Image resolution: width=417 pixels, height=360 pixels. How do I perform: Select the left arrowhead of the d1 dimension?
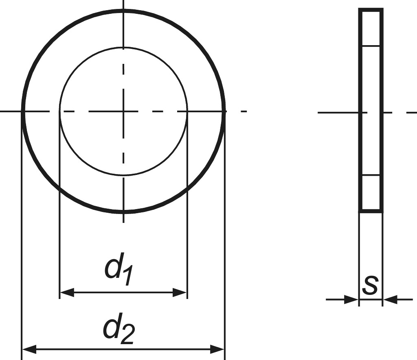click(x=67, y=292)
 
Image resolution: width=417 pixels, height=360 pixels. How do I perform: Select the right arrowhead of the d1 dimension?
click(x=180, y=292)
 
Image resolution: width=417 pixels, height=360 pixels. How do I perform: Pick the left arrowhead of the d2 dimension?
click(x=29, y=349)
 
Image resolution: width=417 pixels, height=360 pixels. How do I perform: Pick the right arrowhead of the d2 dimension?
click(x=217, y=349)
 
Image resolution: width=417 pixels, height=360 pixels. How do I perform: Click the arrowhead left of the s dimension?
click(x=351, y=300)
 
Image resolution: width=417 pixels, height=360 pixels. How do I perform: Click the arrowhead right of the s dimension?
click(x=391, y=300)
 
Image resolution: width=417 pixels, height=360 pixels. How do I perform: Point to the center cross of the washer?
click(x=123, y=111)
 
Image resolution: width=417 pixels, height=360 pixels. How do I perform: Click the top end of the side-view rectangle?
click(x=371, y=9)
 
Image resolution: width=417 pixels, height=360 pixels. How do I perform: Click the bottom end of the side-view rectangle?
click(x=371, y=211)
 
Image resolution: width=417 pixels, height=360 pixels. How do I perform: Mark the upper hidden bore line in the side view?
click(x=371, y=46)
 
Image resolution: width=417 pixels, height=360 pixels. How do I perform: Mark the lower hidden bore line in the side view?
click(x=371, y=175)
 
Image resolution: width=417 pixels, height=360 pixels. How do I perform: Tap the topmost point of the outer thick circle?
click(x=123, y=10)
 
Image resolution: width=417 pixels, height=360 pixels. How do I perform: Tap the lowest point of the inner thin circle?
click(x=123, y=175)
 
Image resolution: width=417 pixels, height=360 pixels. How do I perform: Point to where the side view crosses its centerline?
click(x=371, y=112)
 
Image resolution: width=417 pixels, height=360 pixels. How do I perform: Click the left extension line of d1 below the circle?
click(x=60, y=244)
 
